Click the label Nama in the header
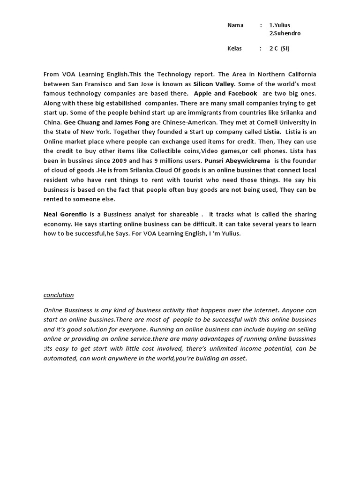[x=235, y=25]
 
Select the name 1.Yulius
[x=283, y=25]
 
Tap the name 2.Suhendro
[x=285, y=33]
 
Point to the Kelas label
[x=235, y=49]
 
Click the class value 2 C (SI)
[x=279, y=49]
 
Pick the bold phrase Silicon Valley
[x=213, y=84]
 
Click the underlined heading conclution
[x=59, y=295]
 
